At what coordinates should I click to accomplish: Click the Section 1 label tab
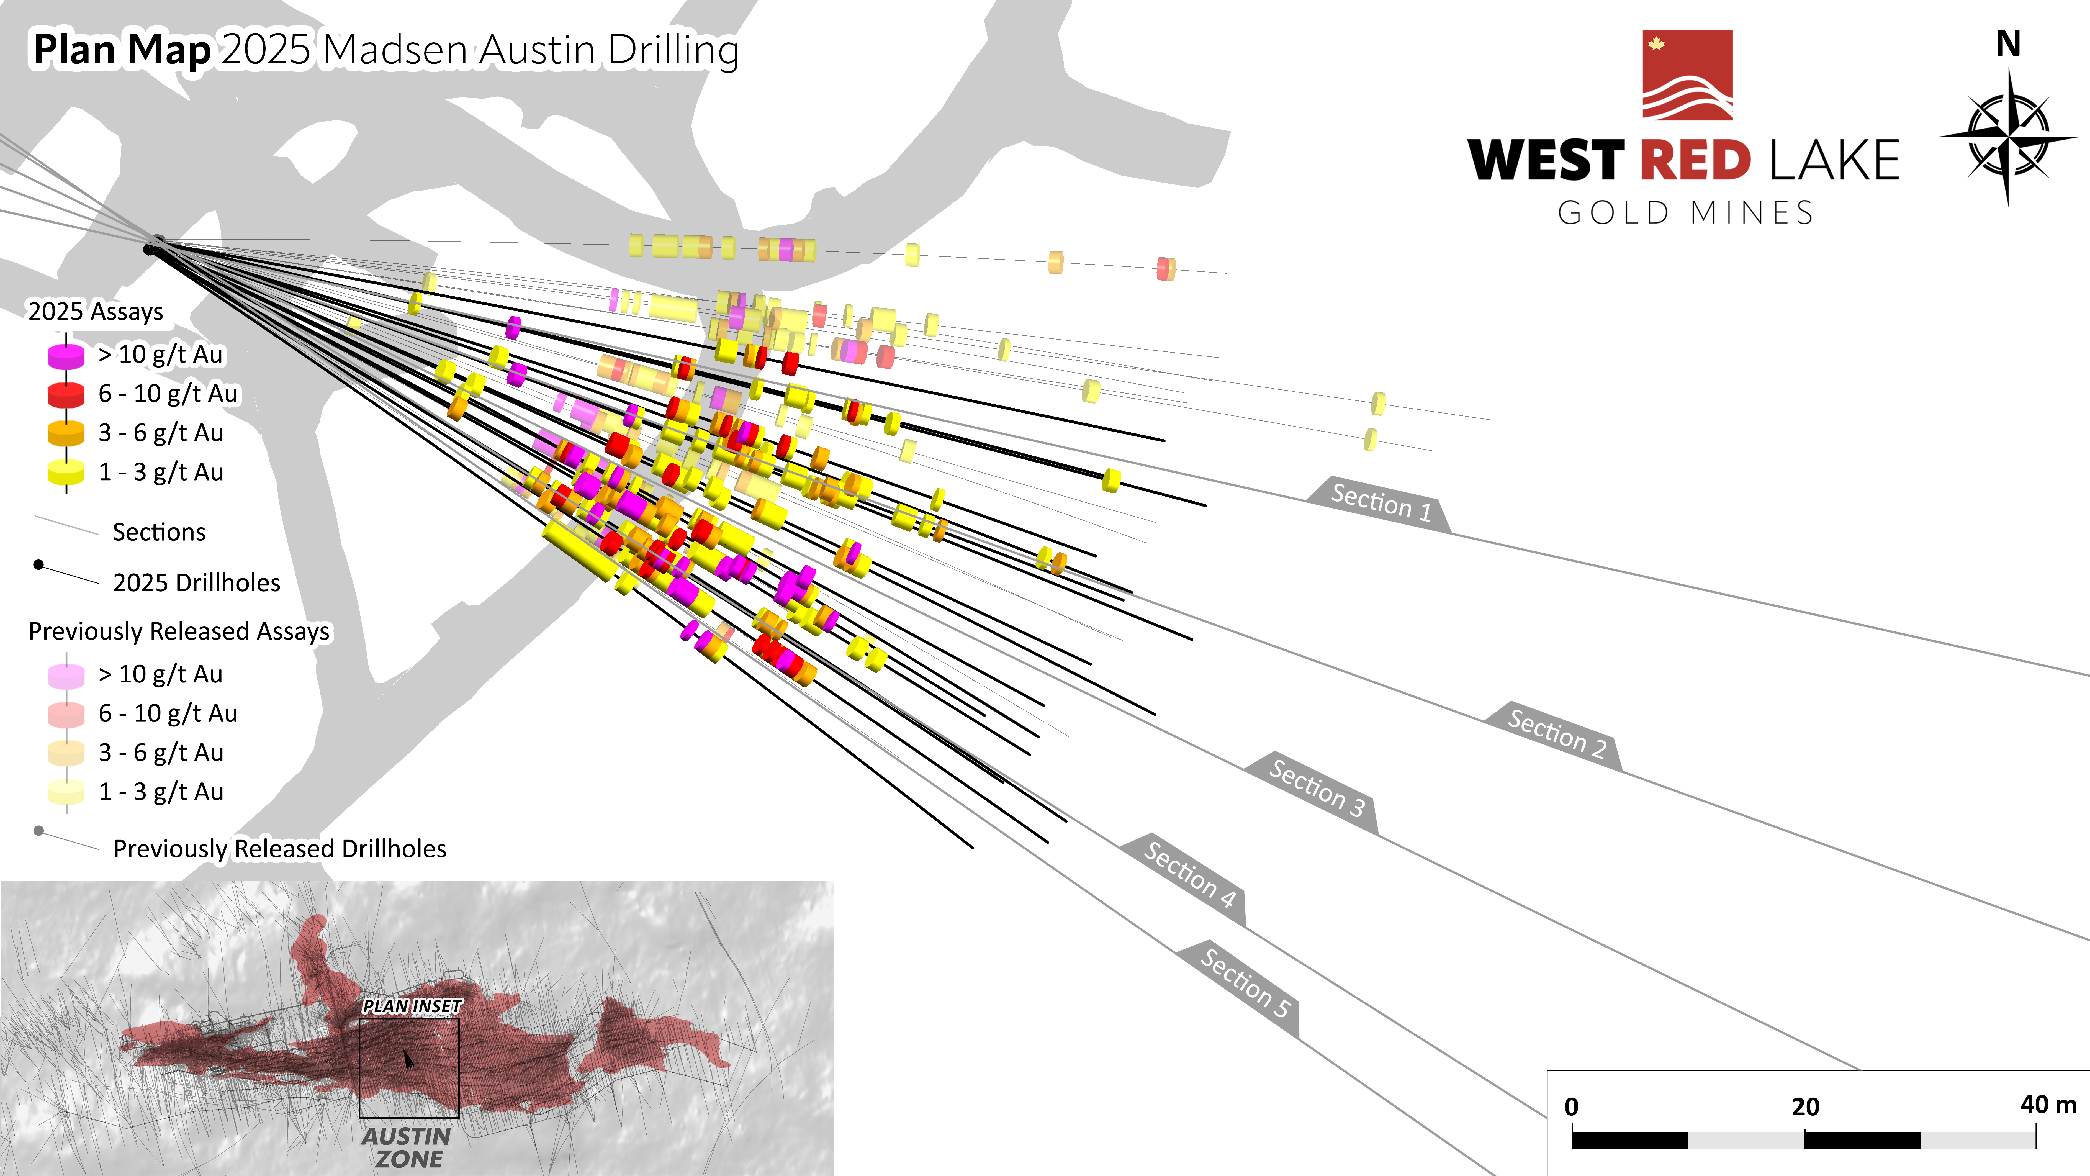[x=1380, y=503]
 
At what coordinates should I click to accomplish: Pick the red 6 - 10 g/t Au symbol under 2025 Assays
[x=66, y=394]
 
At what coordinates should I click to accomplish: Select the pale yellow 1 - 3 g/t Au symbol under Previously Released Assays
[x=66, y=791]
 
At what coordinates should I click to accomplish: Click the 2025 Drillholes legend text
[x=196, y=583]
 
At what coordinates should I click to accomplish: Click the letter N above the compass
[x=2008, y=45]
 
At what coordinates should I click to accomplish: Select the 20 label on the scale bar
[x=1805, y=1106]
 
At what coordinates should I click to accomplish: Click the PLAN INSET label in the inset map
[x=411, y=1006]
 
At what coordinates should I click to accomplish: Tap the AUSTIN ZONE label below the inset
[x=407, y=1147]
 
